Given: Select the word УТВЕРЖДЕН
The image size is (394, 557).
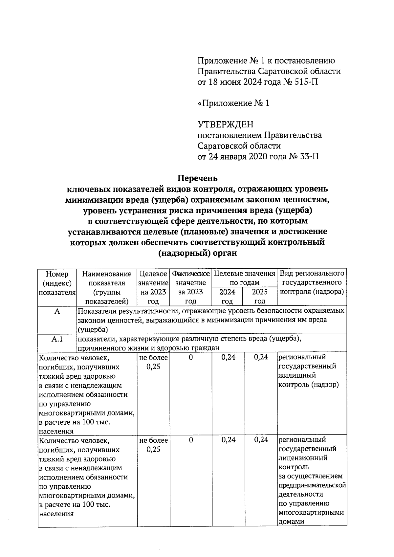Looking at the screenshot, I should click(225, 124).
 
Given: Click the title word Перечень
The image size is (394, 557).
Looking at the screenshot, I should click(197, 178).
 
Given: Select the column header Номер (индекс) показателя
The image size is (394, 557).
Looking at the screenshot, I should click(57, 283).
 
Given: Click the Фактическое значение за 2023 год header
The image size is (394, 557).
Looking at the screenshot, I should click(191, 287).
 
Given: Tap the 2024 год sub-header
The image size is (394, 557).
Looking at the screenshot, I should click(227, 296).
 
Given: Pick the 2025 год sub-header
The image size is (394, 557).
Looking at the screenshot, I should click(260, 296).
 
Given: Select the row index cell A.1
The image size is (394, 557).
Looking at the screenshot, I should click(57, 339).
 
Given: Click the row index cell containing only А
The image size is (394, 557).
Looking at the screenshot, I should click(57, 311).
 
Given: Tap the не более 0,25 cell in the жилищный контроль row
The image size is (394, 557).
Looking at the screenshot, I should click(153, 362).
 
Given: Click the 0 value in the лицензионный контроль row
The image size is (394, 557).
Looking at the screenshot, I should click(191, 440).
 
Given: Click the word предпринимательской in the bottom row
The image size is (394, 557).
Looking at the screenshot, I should click(312, 485).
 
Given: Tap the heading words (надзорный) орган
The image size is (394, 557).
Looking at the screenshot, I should click(197, 253).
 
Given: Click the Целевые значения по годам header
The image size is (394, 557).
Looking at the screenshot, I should click(244, 278).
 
